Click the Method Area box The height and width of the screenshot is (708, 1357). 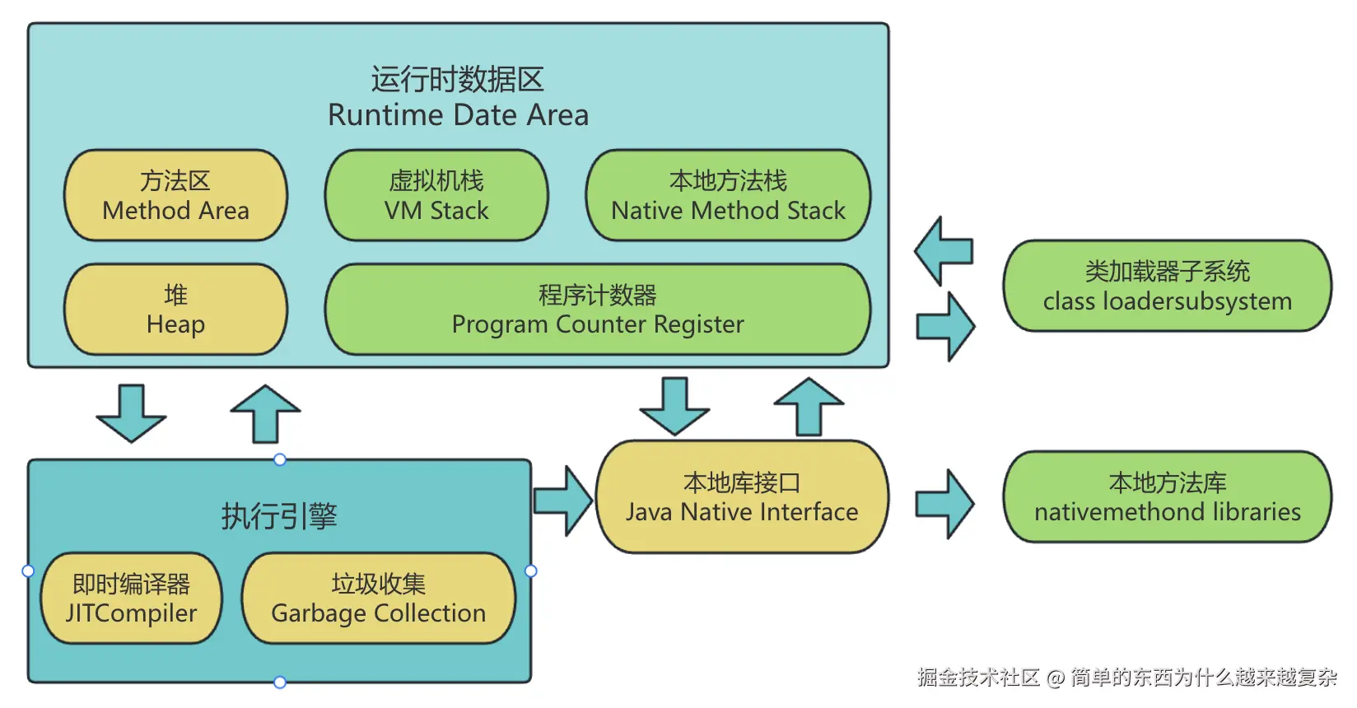tap(175, 195)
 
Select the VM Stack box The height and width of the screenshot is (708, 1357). tap(436, 195)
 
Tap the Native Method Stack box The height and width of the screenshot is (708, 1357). tap(728, 195)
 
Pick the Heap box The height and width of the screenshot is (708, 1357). tap(175, 309)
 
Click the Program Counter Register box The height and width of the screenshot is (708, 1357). tap(598, 309)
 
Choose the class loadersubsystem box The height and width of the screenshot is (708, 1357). tap(1168, 286)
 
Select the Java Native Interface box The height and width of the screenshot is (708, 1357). tap(742, 496)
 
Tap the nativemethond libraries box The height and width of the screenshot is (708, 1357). tap(1168, 496)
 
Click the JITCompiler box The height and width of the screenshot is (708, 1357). tap(132, 599)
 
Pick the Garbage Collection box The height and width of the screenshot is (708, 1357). tap(379, 599)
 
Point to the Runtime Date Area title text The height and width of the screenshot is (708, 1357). tap(458, 115)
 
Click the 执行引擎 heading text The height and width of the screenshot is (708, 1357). tap(279, 516)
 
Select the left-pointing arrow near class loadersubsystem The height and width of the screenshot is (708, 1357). tap(944, 251)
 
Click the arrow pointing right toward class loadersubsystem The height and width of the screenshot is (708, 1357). tap(945, 327)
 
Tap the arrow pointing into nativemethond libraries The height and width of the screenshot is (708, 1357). tap(944, 504)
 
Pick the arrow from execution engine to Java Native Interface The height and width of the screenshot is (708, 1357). tap(562, 501)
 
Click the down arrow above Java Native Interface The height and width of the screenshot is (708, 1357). tap(675, 407)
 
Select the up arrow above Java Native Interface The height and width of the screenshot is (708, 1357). tap(809, 407)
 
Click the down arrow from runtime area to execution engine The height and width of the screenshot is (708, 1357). tap(132, 413)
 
